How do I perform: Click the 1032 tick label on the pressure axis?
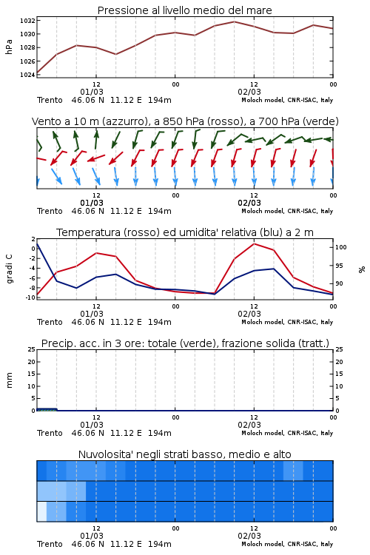[x=27, y=21]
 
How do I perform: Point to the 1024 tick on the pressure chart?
[x=27, y=75]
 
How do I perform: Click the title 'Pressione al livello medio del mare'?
[x=185, y=10]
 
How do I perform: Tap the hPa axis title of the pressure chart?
[x=9, y=47]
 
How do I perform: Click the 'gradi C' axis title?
[x=9, y=269]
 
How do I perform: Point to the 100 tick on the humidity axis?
[x=341, y=247]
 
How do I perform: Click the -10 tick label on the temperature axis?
[x=30, y=297]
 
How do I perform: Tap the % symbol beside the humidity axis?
[x=362, y=269]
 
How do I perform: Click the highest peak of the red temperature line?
[x=255, y=243]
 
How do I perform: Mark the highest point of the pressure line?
[x=234, y=21]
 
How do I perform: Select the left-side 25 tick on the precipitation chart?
[x=31, y=349]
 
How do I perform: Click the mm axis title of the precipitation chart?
[x=9, y=380]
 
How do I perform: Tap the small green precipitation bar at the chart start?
[x=47, y=409]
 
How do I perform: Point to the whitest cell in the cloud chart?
[x=41, y=511]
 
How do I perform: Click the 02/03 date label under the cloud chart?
[x=249, y=536]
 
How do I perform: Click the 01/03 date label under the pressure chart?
[x=92, y=92]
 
